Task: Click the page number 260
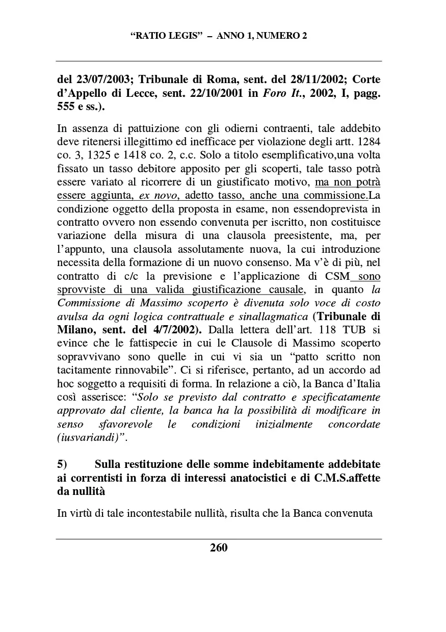click(219, 548)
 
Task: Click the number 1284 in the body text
click(368, 141)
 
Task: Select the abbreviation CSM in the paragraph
click(337, 276)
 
